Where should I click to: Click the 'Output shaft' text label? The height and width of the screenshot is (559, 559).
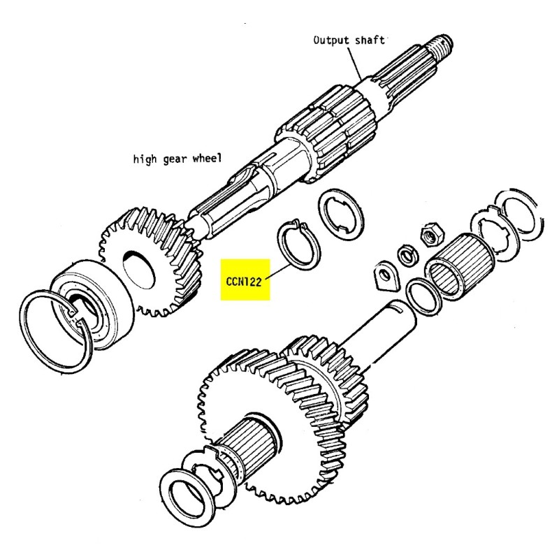coord(348,40)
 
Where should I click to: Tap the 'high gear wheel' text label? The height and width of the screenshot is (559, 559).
coord(177,159)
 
